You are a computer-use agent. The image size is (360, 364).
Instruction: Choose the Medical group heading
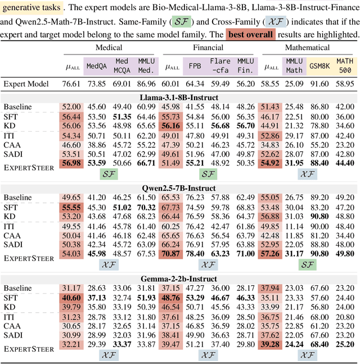click(109, 49)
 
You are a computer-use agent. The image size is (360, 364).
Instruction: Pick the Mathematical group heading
click(307, 49)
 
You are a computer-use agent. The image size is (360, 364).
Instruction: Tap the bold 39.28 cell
click(270, 344)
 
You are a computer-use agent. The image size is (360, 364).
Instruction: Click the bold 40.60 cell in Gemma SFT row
click(71, 298)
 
